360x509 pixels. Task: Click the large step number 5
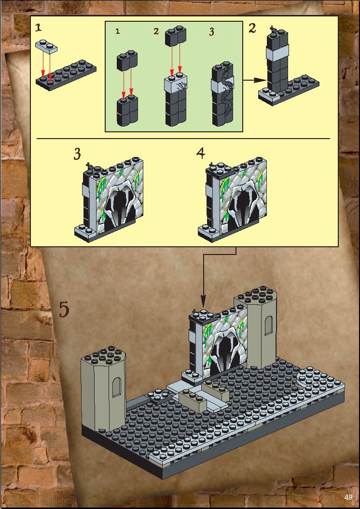coord(64,310)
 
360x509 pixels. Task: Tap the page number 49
coord(348,497)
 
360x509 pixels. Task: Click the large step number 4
coord(201,153)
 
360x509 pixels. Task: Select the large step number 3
coord(77,154)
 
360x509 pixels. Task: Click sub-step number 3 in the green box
coord(211,32)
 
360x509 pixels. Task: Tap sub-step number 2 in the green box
coord(156,31)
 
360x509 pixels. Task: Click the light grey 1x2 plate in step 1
coord(46,46)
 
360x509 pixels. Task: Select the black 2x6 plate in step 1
coord(66,75)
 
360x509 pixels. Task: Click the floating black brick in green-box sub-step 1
coord(127,60)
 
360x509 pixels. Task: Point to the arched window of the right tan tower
coord(268,325)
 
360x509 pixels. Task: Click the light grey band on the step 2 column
coord(277,53)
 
